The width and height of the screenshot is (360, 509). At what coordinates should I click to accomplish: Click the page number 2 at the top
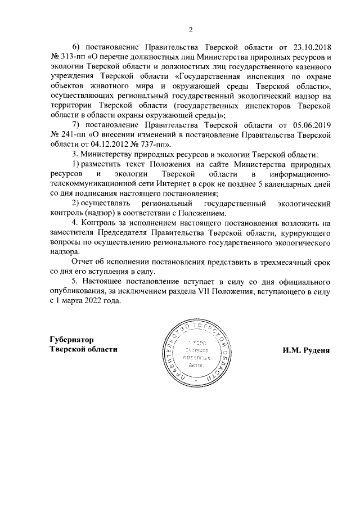(x=191, y=30)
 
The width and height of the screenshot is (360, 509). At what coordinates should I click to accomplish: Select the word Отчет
(x=85, y=262)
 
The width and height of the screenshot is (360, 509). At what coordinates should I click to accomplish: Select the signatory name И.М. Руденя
(x=305, y=349)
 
